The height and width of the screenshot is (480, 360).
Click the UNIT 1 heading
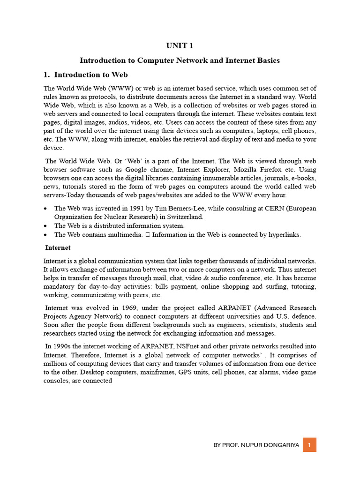tap(180, 46)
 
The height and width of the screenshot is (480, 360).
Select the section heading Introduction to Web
tap(91, 75)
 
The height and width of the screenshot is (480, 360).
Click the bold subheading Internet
tap(58, 247)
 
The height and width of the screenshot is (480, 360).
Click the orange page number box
tap(309, 444)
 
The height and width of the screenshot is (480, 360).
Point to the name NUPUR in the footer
tap(254, 445)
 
